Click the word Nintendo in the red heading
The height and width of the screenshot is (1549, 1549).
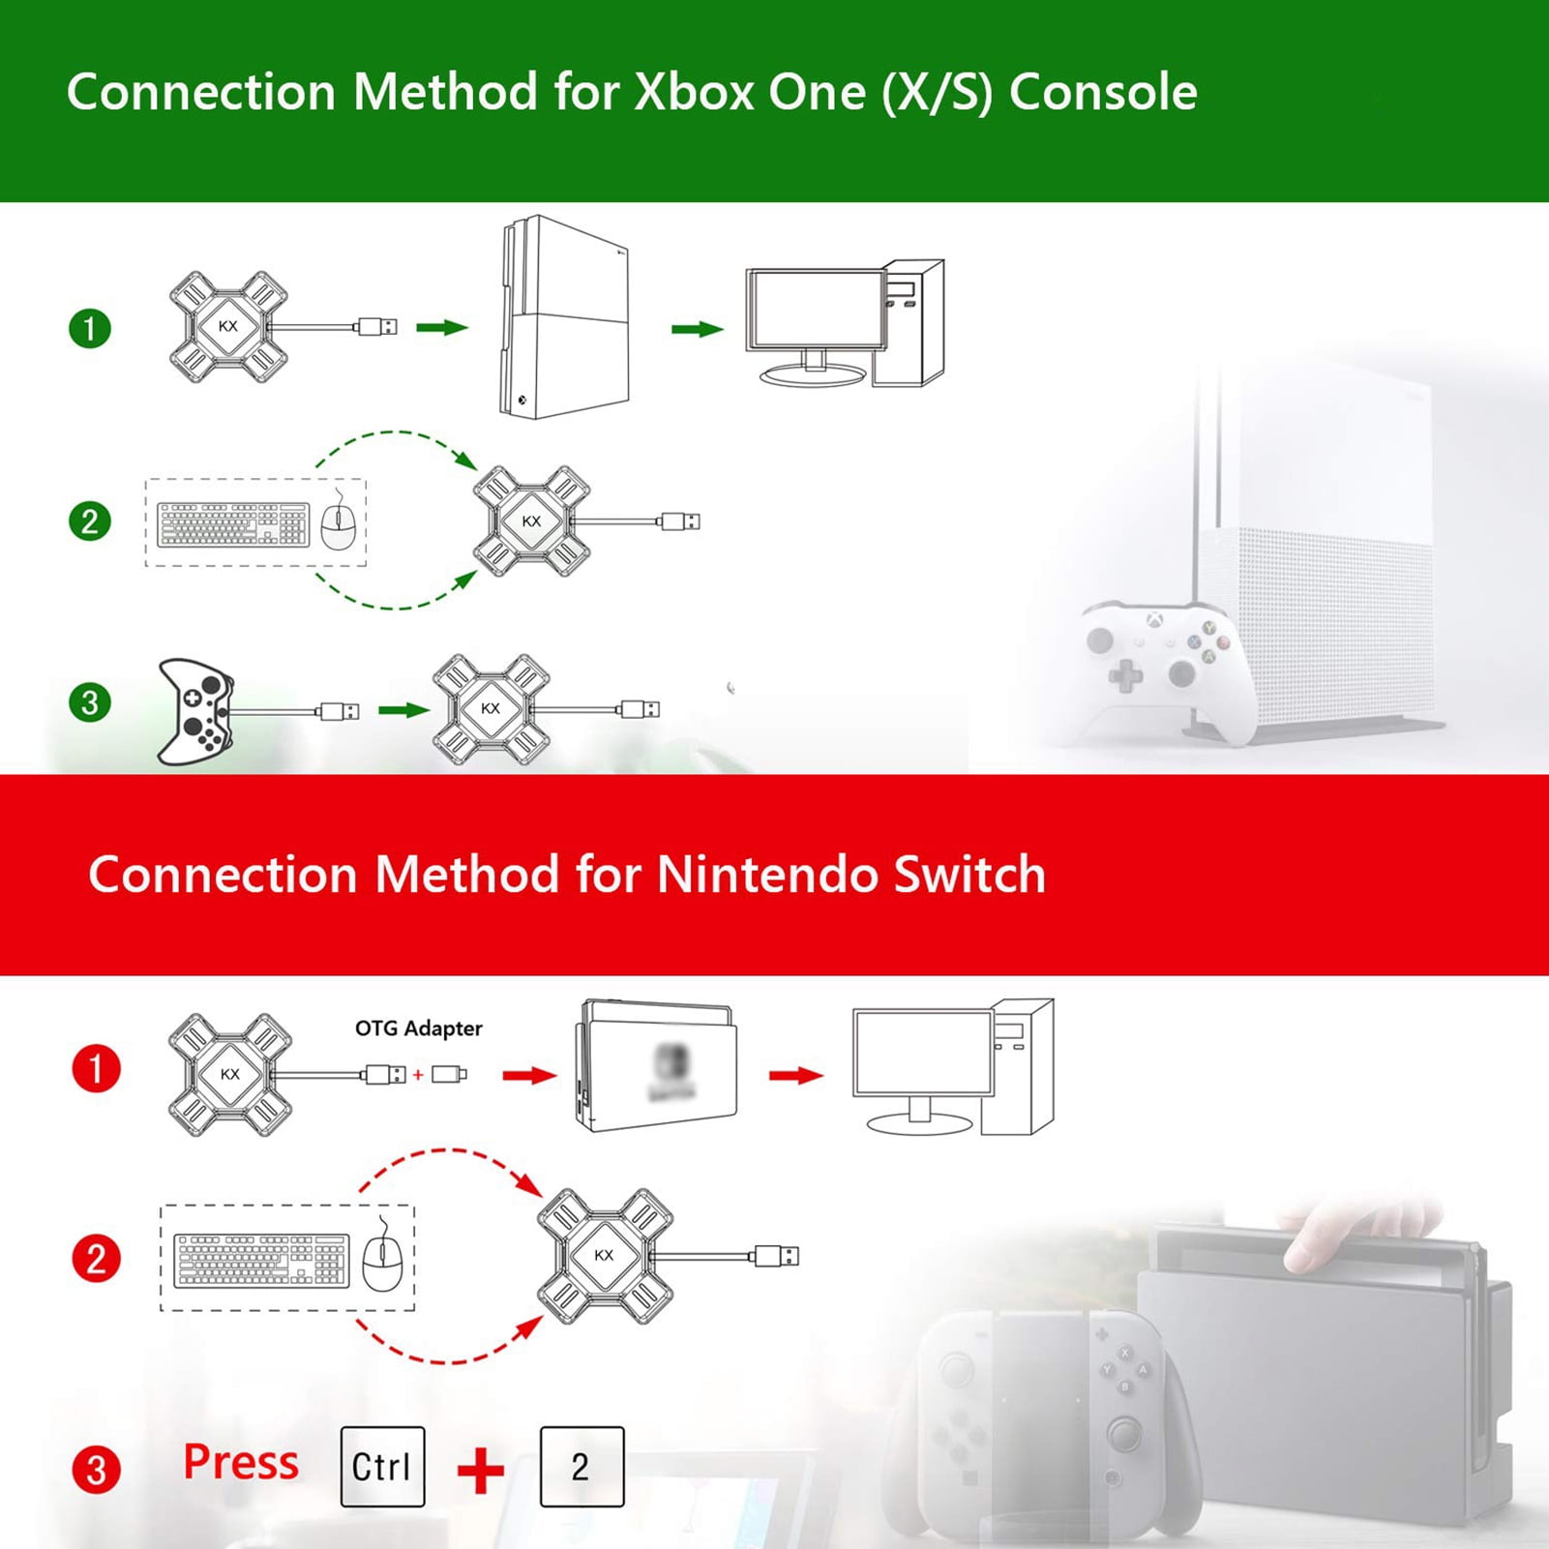[x=766, y=875]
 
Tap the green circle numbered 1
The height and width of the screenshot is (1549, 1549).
[x=90, y=329]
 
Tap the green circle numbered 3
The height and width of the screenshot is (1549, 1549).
[x=90, y=702]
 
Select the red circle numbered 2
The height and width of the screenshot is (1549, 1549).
[x=96, y=1259]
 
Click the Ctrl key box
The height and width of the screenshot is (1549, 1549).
[x=382, y=1467]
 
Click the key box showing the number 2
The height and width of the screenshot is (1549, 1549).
[x=581, y=1467]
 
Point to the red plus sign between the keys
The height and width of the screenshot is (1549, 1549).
[x=481, y=1471]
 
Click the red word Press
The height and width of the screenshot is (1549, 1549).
[x=241, y=1462]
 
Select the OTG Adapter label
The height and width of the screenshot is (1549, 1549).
[x=418, y=1028]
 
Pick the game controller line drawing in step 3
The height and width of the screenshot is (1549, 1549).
[x=194, y=711]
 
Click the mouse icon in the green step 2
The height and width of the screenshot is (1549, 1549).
[x=338, y=523]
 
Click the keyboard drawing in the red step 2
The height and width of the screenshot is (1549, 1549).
[x=261, y=1260]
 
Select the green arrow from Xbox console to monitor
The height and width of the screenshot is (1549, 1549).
[x=697, y=330]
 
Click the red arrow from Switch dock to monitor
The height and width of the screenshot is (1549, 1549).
[x=795, y=1075]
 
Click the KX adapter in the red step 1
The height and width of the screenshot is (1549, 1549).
[x=229, y=1074]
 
